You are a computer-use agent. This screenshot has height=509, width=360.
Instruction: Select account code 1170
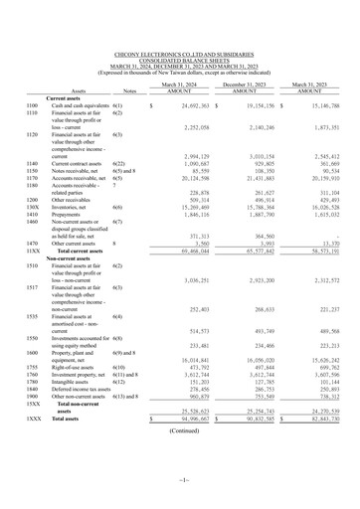pyautogui.click(x=33, y=180)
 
